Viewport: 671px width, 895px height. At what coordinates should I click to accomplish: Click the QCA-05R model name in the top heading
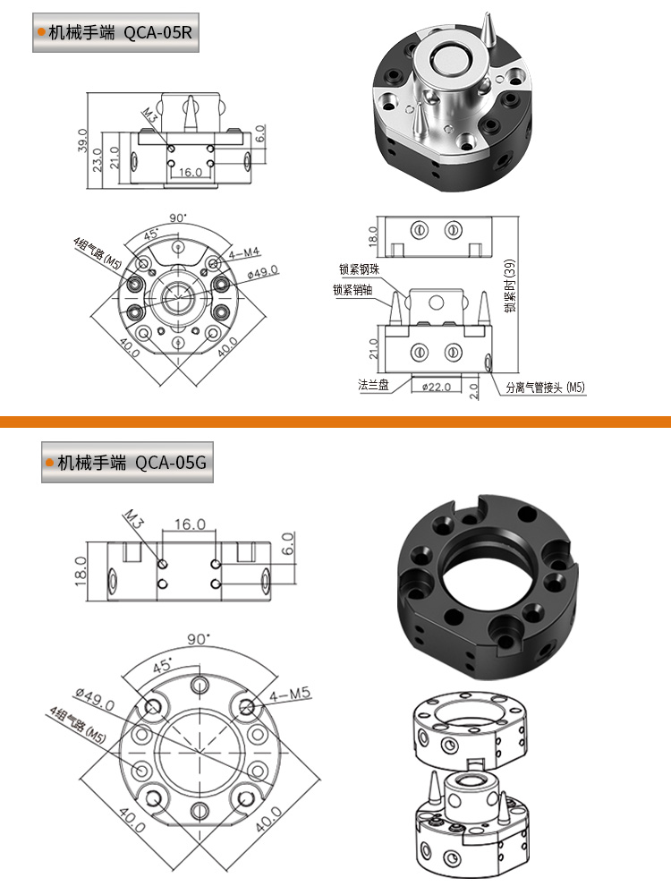158,32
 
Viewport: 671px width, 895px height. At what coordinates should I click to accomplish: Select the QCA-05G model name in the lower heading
171,463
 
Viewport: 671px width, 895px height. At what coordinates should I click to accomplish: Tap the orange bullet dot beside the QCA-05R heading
41,32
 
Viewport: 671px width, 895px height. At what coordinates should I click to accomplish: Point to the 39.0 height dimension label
82,141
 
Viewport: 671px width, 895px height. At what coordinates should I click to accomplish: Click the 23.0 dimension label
97,160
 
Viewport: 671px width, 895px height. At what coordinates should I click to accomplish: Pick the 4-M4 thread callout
244,253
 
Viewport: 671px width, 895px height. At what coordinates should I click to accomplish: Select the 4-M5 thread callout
291,695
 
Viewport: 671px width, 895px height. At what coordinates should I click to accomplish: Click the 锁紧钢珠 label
359,268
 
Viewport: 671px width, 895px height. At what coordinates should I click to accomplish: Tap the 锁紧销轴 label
352,290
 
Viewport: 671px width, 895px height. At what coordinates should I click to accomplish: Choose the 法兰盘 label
373,385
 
